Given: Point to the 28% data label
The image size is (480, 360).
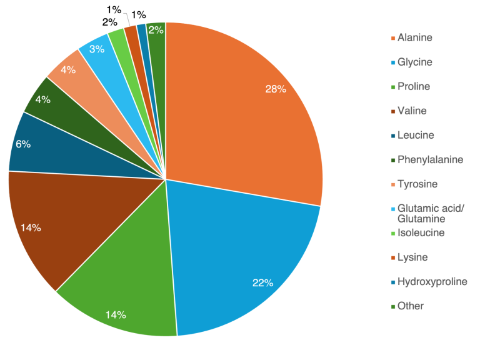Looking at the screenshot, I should click(276, 89).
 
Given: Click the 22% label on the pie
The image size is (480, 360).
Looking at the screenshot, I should click(263, 283).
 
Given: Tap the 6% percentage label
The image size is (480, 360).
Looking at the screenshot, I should click(23, 144).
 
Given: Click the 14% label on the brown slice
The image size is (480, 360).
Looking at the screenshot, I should click(31, 228).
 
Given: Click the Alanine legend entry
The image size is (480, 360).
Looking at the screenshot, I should click(414, 37).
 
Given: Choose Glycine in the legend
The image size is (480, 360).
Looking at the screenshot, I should click(414, 62).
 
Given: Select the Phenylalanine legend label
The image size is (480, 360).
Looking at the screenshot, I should click(430, 159).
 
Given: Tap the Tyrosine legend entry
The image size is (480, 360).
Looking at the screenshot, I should click(417, 184).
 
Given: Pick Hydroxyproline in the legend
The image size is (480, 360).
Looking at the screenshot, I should click(432, 281).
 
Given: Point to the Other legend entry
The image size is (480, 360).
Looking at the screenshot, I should click(410, 306).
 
